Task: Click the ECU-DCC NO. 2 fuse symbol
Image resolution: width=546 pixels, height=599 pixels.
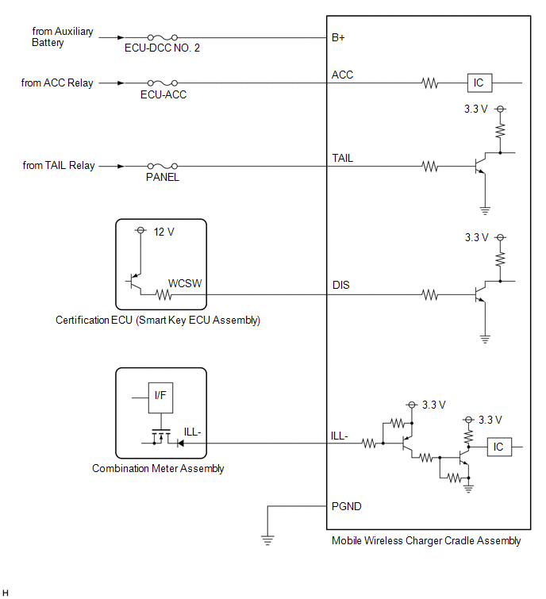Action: pos(163,37)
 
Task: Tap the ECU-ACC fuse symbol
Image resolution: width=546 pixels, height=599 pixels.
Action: pos(163,83)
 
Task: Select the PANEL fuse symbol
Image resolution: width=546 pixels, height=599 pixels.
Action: pos(163,166)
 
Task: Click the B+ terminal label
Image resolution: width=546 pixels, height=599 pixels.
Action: pos(338,37)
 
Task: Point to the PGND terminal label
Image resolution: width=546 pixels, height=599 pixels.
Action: pos(346,506)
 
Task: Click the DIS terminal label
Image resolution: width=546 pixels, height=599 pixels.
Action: pos(340,286)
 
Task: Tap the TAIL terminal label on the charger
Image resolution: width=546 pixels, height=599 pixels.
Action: pos(342,158)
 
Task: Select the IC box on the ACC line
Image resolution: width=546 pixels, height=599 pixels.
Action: pos(479,83)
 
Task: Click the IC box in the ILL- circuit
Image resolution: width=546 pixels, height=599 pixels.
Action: pos(499,447)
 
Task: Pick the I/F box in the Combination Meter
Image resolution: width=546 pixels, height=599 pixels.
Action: pos(160,397)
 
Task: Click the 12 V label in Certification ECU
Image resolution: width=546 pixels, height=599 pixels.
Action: pos(164,232)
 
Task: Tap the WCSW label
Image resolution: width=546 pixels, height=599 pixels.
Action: pos(185,283)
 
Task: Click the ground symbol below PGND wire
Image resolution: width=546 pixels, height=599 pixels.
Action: pos(267,540)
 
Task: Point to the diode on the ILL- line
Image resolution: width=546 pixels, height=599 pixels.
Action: pos(180,443)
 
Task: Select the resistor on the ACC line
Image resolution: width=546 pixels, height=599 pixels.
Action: pos(430,83)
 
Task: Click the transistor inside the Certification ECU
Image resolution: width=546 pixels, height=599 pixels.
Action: pos(134,282)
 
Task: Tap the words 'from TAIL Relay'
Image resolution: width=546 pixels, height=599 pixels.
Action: pos(59,165)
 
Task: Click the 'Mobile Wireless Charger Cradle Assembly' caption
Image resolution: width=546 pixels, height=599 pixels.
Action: pos(426,541)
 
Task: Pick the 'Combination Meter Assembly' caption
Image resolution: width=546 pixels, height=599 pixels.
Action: pos(158,469)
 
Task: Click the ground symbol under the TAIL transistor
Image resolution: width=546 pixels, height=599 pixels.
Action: pos(485,210)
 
